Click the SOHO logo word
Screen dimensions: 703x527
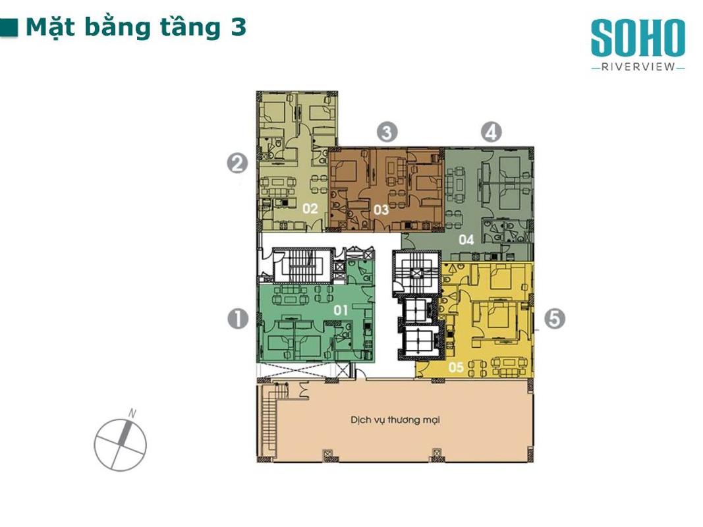tap(638, 38)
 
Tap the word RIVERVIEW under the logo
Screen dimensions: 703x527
tap(638, 67)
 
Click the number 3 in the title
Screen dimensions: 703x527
tap(239, 27)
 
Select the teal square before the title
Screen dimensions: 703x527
tap(9, 27)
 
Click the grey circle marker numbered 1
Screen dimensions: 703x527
tap(238, 319)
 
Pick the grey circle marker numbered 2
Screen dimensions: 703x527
tap(237, 163)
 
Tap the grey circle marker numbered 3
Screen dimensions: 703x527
tap(387, 132)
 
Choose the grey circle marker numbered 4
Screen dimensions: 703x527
tap(492, 132)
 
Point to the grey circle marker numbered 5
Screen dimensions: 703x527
tap(555, 319)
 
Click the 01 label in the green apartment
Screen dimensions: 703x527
tap(340, 310)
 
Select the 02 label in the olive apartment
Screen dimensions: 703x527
tap(310, 208)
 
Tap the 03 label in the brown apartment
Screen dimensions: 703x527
tap(381, 209)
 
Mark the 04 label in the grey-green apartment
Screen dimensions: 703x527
tap(466, 240)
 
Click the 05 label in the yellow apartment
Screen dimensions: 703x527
tap(456, 367)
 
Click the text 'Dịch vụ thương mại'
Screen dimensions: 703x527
tap(395, 420)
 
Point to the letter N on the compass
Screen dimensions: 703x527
tap(132, 414)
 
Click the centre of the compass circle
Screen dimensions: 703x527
tap(120, 445)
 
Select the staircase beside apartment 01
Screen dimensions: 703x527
tap(302, 265)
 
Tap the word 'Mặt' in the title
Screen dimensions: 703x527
tap(49, 28)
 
